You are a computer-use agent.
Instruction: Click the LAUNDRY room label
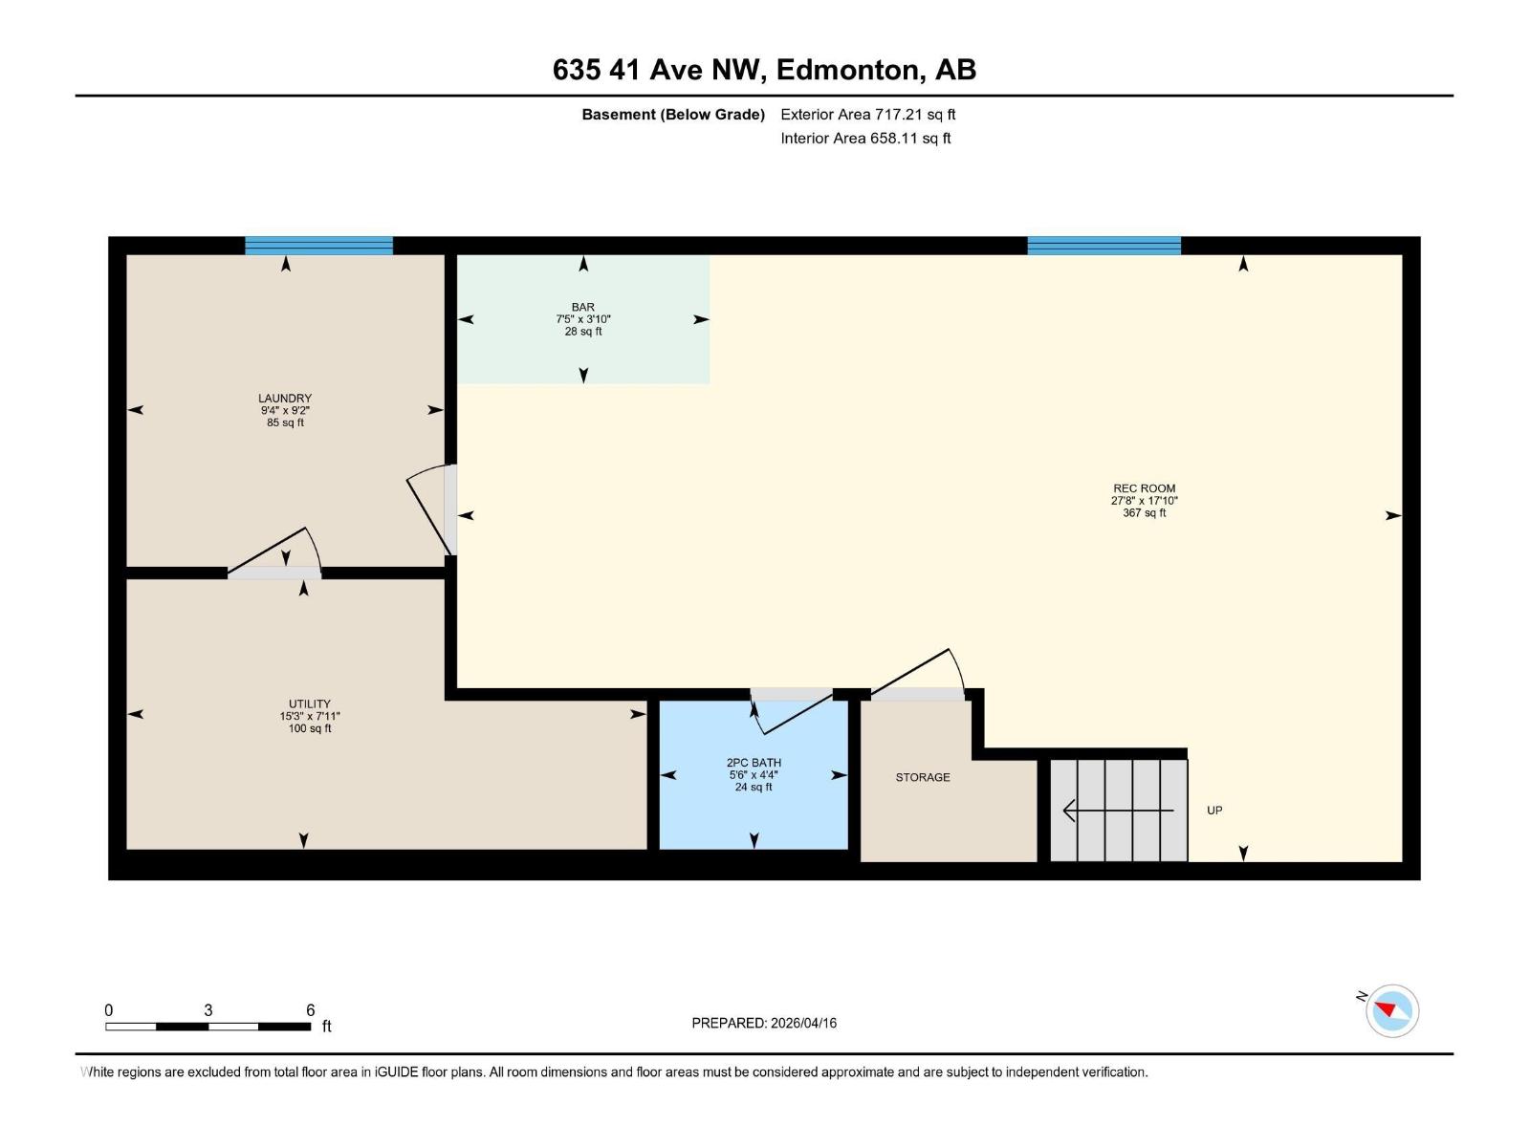pyautogui.click(x=285, y=399)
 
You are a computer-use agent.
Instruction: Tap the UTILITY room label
pyautogui.click(x=309, y=704)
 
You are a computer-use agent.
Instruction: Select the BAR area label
pyautogui.click(x=583, y=308)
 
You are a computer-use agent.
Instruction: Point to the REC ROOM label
pyautogui.click(x=1144, y=488)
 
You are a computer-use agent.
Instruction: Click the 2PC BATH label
pyautogui.click(x=754, y=763)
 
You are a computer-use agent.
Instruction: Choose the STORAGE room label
pyautogui.click(x=923, y=777)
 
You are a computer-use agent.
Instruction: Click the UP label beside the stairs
pyautogui.click(x=1214, y=811)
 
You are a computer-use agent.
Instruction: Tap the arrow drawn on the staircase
pyautogui.click(x=1117, y=811)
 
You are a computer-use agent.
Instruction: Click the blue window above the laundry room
pyautogui.click(x=318, y=246)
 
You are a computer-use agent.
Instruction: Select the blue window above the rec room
pyautogui.click(x=1104, y=246)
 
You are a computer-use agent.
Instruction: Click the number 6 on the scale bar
pyautogui.click(x=311, y=1010)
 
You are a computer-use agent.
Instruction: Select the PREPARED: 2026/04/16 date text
pyautogui.click(x=764, y=1023)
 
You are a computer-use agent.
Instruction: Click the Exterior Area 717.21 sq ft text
pyautogui.click(x=867, y=115)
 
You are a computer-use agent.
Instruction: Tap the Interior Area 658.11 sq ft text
pyautogui.click(x=865, y=139)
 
